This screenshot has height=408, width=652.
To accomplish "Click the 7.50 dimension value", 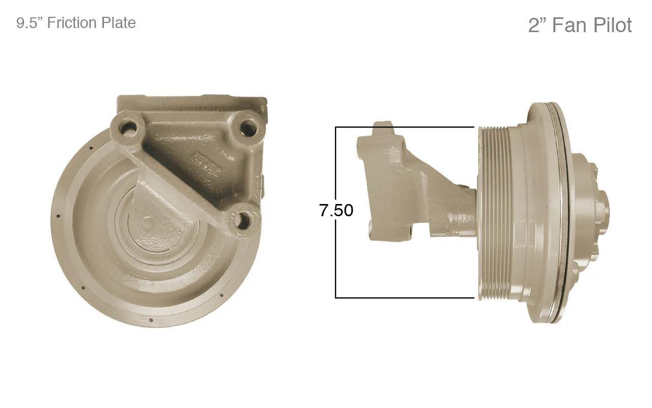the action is click(336, 210).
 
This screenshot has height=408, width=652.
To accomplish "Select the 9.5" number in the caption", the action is click(30, 23).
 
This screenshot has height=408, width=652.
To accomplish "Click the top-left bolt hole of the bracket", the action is click(127, 127).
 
